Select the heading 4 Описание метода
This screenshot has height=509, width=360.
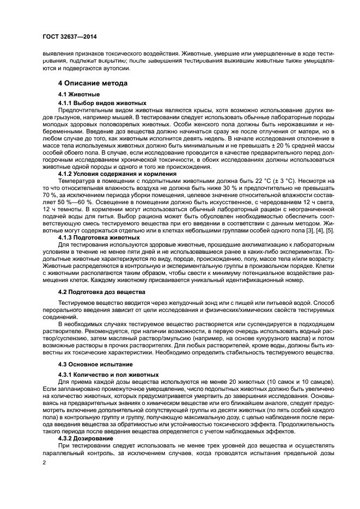point(93,83)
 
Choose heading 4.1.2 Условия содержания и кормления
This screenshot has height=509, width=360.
point(113,174)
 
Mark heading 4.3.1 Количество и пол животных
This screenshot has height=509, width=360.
point(108,374)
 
